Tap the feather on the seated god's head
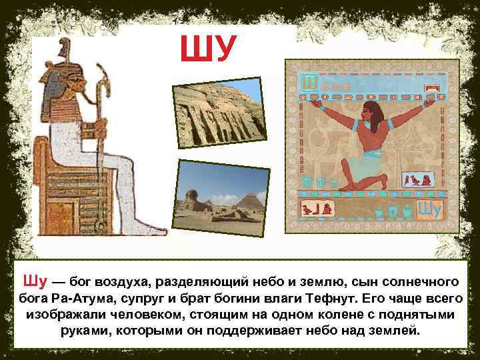[64, 48]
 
